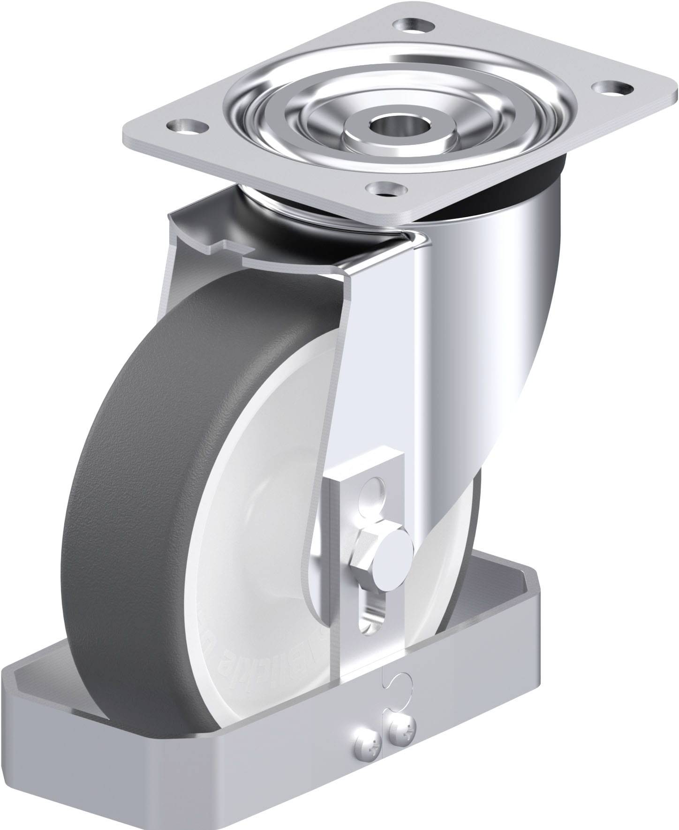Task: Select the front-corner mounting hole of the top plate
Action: [385, 189]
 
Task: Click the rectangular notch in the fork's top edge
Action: [230, 248]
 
